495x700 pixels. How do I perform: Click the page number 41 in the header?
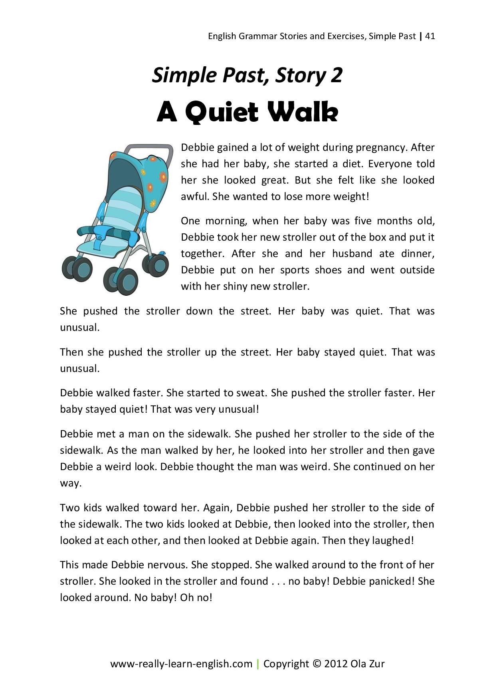tap(430, 36)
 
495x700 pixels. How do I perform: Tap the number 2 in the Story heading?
tap(337, 75)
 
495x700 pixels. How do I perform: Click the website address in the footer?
tap(181, 664)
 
